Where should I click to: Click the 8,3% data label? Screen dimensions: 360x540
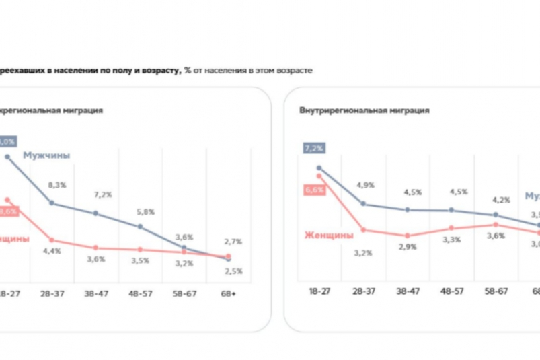pyautogui.click(x=57, y=184)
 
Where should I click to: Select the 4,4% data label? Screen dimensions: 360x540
pyautogui.click(x=52, y=251)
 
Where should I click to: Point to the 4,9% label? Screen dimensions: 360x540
pyautogui.click(x=366, y=184)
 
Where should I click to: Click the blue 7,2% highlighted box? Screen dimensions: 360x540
pyautogui.click(x=314, y=147)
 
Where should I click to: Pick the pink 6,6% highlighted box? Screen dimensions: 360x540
pyautogui.click(x=315, y=190)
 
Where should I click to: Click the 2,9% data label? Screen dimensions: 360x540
pyautogui.click(x=407, y=247)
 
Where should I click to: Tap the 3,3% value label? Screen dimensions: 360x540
pyautogui.click(x=452, y=239)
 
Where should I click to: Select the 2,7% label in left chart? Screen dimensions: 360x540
pyautogui.click(x=233, y=241)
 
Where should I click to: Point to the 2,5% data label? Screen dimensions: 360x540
pyautogui.click(x=233, y=271)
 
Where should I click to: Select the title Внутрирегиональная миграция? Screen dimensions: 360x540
pyautogui.click(x=364, y=110)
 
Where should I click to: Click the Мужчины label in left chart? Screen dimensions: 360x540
pyautogui.click(x=46, y=155)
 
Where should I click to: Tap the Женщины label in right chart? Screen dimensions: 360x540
pyautogui.click(x=329, y=235)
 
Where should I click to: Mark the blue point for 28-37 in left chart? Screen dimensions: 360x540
pyautogui.click(x=52, y=203)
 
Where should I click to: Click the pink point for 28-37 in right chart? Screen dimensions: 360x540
pyautogui.click(x=363, y=230)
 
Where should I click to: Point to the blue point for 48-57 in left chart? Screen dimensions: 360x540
pyautogui.click(x=140, y=227)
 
